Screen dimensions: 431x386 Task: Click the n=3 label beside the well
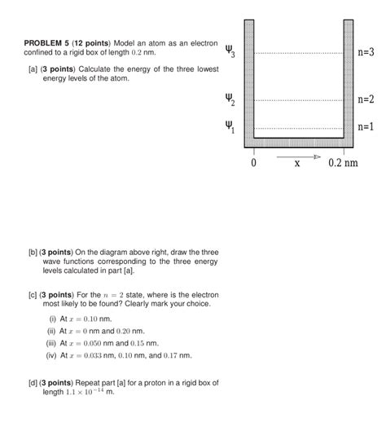coord(366,53)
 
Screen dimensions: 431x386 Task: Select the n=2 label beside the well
coord(366,100)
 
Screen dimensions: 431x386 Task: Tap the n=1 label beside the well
coord(366,127)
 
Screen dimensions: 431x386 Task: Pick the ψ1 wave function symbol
coord(230,127)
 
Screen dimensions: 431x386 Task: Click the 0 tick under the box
coord(253,163)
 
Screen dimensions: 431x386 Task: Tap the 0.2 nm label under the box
coord(343,163)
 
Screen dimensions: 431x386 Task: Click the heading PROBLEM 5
coord(47,42)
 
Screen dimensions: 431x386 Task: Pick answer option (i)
coord(53,319)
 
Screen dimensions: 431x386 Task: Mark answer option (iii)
coord(55,343)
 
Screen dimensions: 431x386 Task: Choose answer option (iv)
coord(55,355)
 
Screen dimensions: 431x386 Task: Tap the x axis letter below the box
coord(297,164)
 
